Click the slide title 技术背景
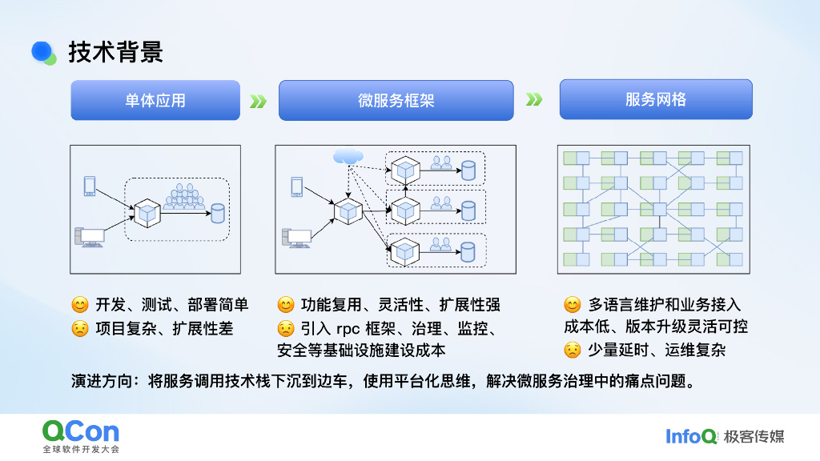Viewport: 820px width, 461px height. tap(115, 52)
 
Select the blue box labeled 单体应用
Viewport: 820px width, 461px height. tap(155, 100)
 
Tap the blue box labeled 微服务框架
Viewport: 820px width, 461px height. tap(396, 101)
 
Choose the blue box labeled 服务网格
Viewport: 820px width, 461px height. tap(655, 99)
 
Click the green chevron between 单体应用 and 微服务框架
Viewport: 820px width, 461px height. tap(258, 102)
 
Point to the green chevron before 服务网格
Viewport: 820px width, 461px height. tap(534, 100)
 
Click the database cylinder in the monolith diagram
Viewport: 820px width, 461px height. tap(217, 214)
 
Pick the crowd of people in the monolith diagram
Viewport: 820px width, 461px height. tap(184, 198)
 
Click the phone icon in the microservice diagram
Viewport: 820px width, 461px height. tap(296, 186)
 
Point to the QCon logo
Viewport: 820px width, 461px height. tap(80, 431)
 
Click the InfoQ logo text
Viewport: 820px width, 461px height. tap(691, 436)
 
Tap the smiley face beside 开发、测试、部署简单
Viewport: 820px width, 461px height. tap(79, 305)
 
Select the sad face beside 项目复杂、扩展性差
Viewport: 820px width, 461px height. tap(79, 328)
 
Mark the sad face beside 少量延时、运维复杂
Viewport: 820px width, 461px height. tap(572, 350)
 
